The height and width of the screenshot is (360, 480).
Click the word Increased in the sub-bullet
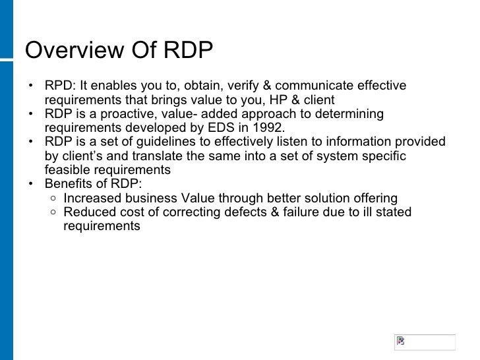tap(92, 198)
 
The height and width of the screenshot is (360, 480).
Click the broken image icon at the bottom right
tap(400, 341)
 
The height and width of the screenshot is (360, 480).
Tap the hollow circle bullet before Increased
tap(53, 198)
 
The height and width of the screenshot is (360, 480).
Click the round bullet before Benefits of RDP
tap(30, 184)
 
